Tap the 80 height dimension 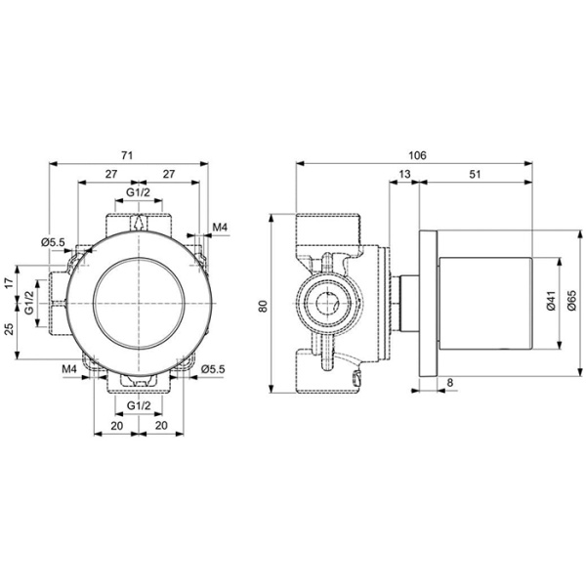tap(263, 305)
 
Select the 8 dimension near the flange tap(448, 383)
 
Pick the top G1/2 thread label tap(139, 193)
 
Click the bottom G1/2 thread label tap(140, 404)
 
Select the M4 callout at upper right tap(220, 228)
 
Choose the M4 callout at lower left tap(69, 369)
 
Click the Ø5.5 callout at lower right tap(213, 368)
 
